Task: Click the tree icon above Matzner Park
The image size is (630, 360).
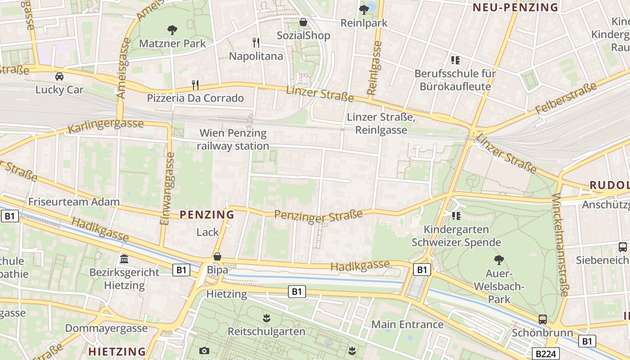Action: pos(172,30)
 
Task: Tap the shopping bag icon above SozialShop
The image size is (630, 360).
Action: pos(304,22)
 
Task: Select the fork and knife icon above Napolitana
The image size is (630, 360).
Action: pos(256,43)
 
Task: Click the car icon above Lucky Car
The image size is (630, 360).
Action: pos(59,76)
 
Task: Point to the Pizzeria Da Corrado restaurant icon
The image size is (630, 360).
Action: pos(195,85)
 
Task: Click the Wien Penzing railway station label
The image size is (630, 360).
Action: pos(233,139)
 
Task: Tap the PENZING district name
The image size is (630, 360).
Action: pos(207,215)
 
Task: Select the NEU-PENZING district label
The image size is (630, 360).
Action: pos(515,7)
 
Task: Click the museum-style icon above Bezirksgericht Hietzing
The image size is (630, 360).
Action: pos(124,259)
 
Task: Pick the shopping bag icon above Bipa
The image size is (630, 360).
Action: pos(217,256)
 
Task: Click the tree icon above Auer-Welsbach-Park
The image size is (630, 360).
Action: pos(499,260)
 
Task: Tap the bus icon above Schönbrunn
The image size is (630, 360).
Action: pos(543,319)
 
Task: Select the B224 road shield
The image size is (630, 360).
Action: pos(546,354)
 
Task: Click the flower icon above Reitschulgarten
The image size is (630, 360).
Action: pos(266,318)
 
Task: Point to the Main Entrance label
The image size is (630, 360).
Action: pos(407,324)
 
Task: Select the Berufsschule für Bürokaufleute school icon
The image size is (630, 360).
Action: pos(455,60)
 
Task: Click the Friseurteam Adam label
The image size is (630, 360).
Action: pos(74,202)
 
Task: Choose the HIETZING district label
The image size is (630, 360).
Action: pos(117,351)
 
